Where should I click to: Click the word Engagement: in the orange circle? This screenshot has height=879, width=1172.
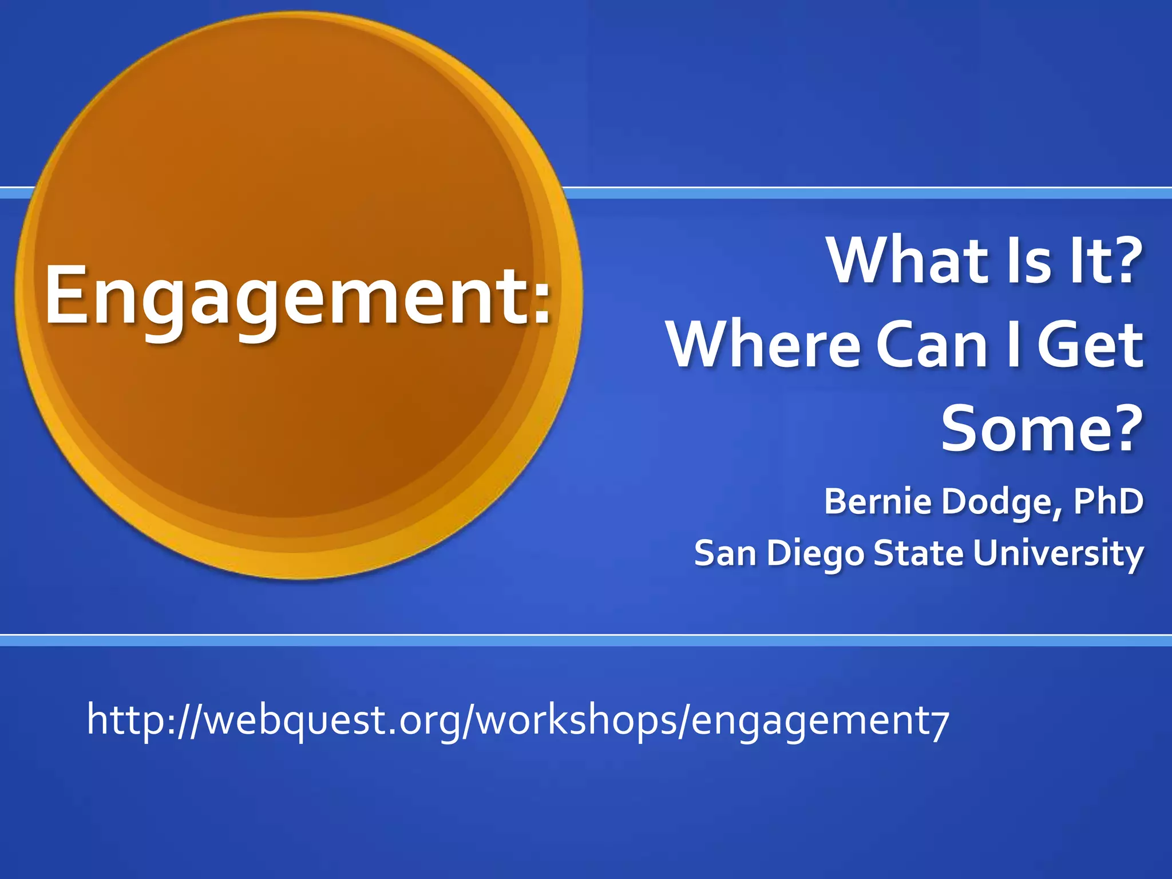point(298,298)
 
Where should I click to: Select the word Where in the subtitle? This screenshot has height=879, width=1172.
point(764,345)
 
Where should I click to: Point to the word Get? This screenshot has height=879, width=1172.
point(1090,345)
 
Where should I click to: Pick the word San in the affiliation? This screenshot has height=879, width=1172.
point(725,553)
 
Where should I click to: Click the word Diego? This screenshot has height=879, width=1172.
point(815,555)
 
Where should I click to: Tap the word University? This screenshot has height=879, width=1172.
point(1058,553)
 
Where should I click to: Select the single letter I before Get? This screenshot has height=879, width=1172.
point(1013,345)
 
